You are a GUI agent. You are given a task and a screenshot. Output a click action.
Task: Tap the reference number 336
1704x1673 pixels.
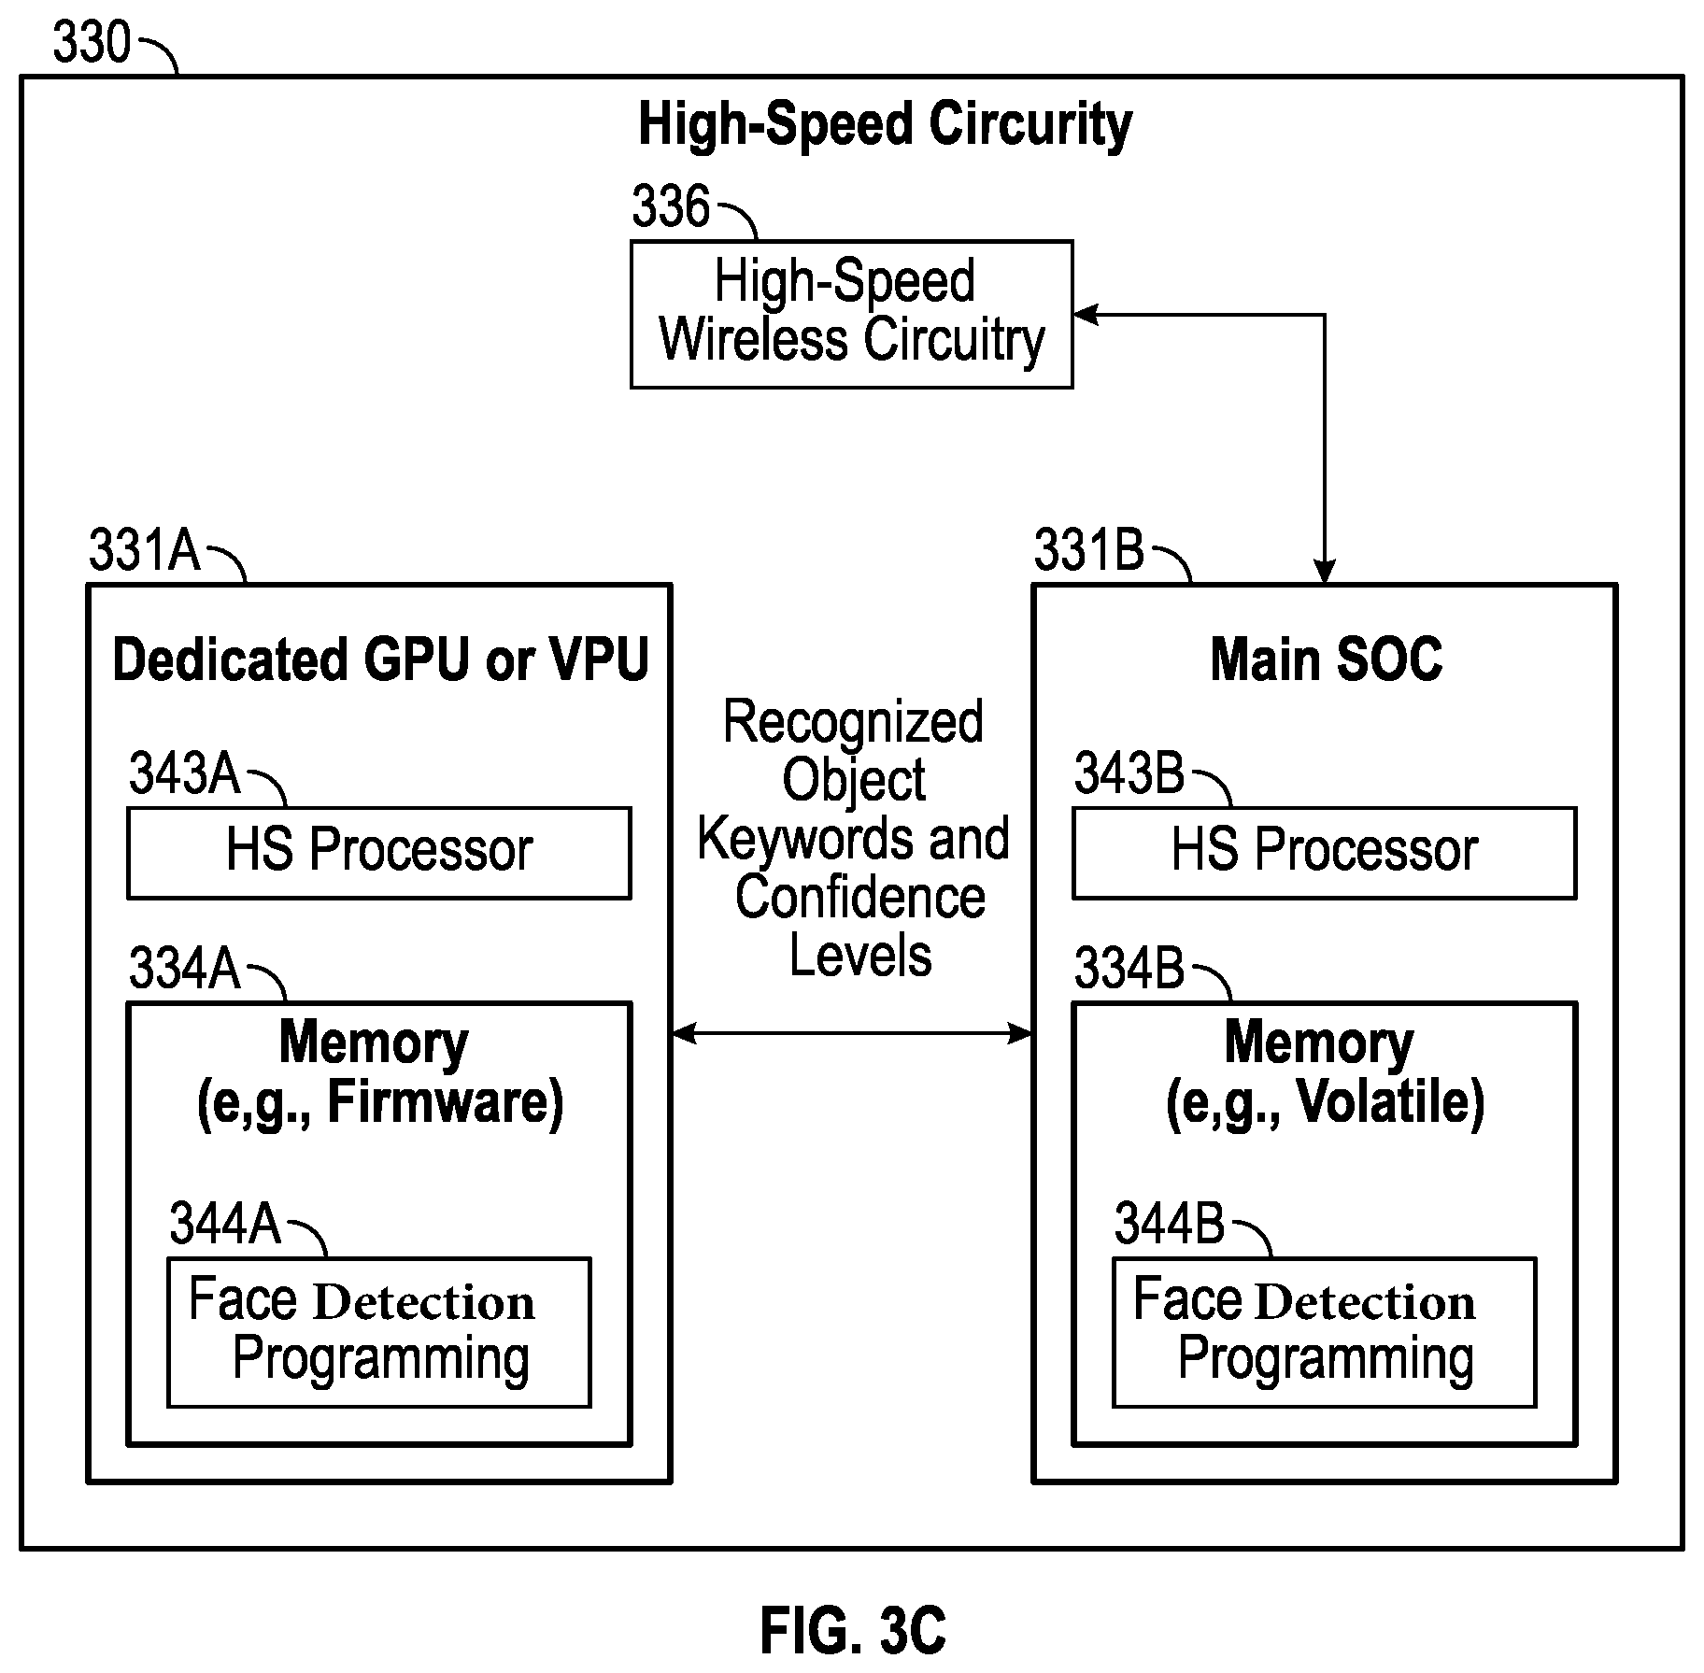(x=671, y=206)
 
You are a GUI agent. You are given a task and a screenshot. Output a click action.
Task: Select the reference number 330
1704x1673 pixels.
(x=92, y=42)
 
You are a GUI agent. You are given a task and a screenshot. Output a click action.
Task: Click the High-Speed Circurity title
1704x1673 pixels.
(x=885, y=125)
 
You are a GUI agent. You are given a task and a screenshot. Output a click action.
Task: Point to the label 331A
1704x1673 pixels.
(x=145, y=549)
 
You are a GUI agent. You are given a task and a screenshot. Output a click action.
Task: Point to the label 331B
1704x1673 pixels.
(x=1089, y=549)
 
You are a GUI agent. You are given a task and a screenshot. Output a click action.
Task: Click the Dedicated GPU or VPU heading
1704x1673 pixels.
(x=380, y=659)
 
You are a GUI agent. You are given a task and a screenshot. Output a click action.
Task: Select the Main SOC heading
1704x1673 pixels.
(x=1326, y=659)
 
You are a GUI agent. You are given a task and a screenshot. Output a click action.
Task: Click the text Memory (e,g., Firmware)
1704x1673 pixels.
(x=379, y=1073)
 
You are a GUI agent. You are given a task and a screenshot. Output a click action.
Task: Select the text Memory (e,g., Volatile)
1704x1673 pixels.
(x=1325, y=1073)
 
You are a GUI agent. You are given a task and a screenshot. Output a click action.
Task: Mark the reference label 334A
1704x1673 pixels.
(x=185, y=968)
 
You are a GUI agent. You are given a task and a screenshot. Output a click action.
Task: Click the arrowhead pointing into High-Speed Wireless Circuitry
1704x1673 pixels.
(x=1085, y=315)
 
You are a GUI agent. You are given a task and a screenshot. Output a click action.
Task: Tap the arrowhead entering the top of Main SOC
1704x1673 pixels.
(x=1324, y=572)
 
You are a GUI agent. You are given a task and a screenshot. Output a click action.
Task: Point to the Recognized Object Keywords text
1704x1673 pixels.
(x=854, y=779)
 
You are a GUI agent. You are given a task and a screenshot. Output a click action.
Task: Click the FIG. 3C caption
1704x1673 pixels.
(x=853, y=1630)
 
